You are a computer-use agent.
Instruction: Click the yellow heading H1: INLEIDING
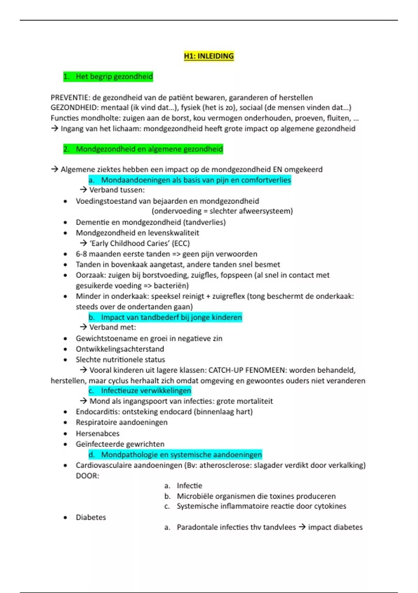tap(209, 56)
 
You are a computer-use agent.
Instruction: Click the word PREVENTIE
tap(70, 98)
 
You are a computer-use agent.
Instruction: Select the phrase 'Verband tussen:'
tap(117, 190)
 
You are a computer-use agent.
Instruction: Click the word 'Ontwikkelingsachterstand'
tap(120, 349)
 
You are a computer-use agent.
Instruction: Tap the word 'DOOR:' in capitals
tap(87, 476)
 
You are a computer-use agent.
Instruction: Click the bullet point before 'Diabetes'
tap(65, 518)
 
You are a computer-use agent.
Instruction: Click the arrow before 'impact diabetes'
tap(302, 527)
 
